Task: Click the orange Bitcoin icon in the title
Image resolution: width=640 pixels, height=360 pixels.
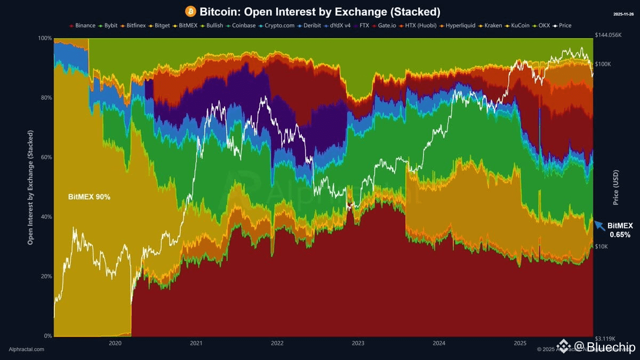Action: [190, 11]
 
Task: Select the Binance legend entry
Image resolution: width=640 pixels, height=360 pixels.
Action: [83, 25]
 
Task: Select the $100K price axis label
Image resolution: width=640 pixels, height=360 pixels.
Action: [603, 65]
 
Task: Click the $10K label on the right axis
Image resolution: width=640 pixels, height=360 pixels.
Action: [601, 246]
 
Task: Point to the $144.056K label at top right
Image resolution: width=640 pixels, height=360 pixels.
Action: [608, 35]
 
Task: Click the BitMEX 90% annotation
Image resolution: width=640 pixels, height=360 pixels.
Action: [89, 197]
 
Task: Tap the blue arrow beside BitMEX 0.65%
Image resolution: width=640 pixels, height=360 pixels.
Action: [600, 226]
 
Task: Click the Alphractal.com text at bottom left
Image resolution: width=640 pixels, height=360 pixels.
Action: [27, 349]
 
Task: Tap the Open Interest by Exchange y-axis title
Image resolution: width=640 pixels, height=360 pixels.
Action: [30, 187]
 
